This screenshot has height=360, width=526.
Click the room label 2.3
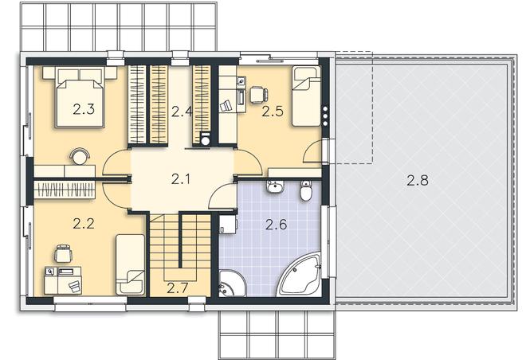click(84, 109)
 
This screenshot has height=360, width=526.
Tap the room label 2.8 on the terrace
click(418, 180)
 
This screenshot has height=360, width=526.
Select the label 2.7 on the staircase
click(177, 288)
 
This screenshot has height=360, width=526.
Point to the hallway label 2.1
click(181, 179)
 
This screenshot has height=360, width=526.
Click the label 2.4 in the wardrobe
click(182, 112)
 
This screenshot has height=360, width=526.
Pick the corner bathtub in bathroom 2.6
click(300, 276)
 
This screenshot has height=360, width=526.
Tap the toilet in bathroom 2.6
click(305, 190)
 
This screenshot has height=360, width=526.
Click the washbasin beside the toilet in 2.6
click(276, 186)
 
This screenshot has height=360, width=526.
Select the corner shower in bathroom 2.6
click(232, 284)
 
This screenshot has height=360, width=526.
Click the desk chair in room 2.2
click(63, 253)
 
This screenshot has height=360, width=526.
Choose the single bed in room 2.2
click(131, 264)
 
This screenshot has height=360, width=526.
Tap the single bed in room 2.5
click(306, 96)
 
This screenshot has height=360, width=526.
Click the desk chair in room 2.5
click(259, 94)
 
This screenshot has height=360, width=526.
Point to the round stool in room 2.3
click(80, 156)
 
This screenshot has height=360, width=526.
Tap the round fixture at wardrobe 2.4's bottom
click(206, 140)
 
